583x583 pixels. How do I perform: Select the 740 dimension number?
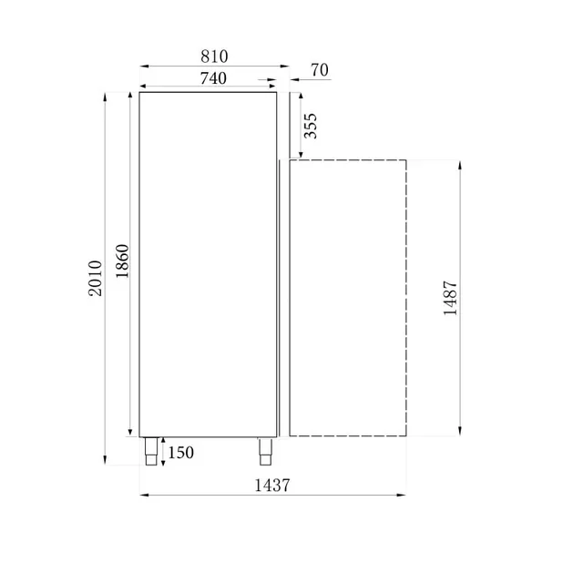pos(212,78)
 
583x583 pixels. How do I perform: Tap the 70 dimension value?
pos(319,69)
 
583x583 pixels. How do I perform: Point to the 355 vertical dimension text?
pos(311,125)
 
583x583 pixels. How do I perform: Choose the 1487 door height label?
pos(450,297)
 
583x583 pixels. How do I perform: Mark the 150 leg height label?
pos(180,453)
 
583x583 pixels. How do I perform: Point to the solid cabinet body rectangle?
pos(208,264)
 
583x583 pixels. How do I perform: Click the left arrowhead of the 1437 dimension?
pos(143,496)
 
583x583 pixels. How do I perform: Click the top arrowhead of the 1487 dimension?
pos(460,164)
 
